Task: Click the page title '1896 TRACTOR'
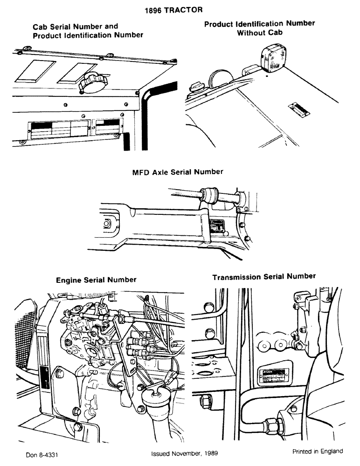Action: [x=180, y=9]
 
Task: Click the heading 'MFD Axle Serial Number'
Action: [x=178, y=172]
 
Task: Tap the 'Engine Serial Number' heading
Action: [x=96, y=280]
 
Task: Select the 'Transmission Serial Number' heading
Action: [x=264, y=277]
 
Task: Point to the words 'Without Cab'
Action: [x=260, y=33]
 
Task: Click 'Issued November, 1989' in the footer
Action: [x=184, y=452]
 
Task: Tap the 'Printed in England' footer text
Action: [x=318, y=451]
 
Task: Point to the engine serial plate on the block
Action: [x=47, y=376]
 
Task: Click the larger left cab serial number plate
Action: [x=58, y=129]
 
